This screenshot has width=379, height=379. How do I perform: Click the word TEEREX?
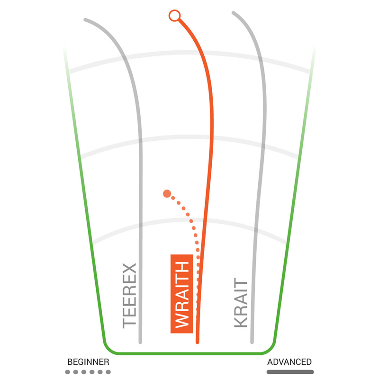129,296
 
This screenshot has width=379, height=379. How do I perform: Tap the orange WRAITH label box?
182,294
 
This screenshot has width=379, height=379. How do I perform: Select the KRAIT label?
241,303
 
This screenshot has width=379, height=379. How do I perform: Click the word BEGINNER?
88,362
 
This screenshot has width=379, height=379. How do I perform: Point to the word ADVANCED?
289,362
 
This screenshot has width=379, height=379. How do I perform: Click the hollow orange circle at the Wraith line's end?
174,16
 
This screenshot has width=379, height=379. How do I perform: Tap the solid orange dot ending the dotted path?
167,194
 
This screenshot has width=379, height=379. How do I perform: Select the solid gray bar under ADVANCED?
290,372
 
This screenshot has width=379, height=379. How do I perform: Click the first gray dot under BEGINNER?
68,372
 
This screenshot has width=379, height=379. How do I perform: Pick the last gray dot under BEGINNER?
108,372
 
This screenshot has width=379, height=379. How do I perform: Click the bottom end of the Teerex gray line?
140,342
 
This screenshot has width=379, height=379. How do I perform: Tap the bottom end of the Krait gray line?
252,342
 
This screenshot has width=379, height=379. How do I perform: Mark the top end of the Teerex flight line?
85,19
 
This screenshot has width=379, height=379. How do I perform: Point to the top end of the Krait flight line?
233,12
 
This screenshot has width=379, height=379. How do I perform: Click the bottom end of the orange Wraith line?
198,342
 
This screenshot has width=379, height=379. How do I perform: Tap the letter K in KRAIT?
241,321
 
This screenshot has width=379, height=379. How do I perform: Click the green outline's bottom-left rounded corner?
108,348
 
